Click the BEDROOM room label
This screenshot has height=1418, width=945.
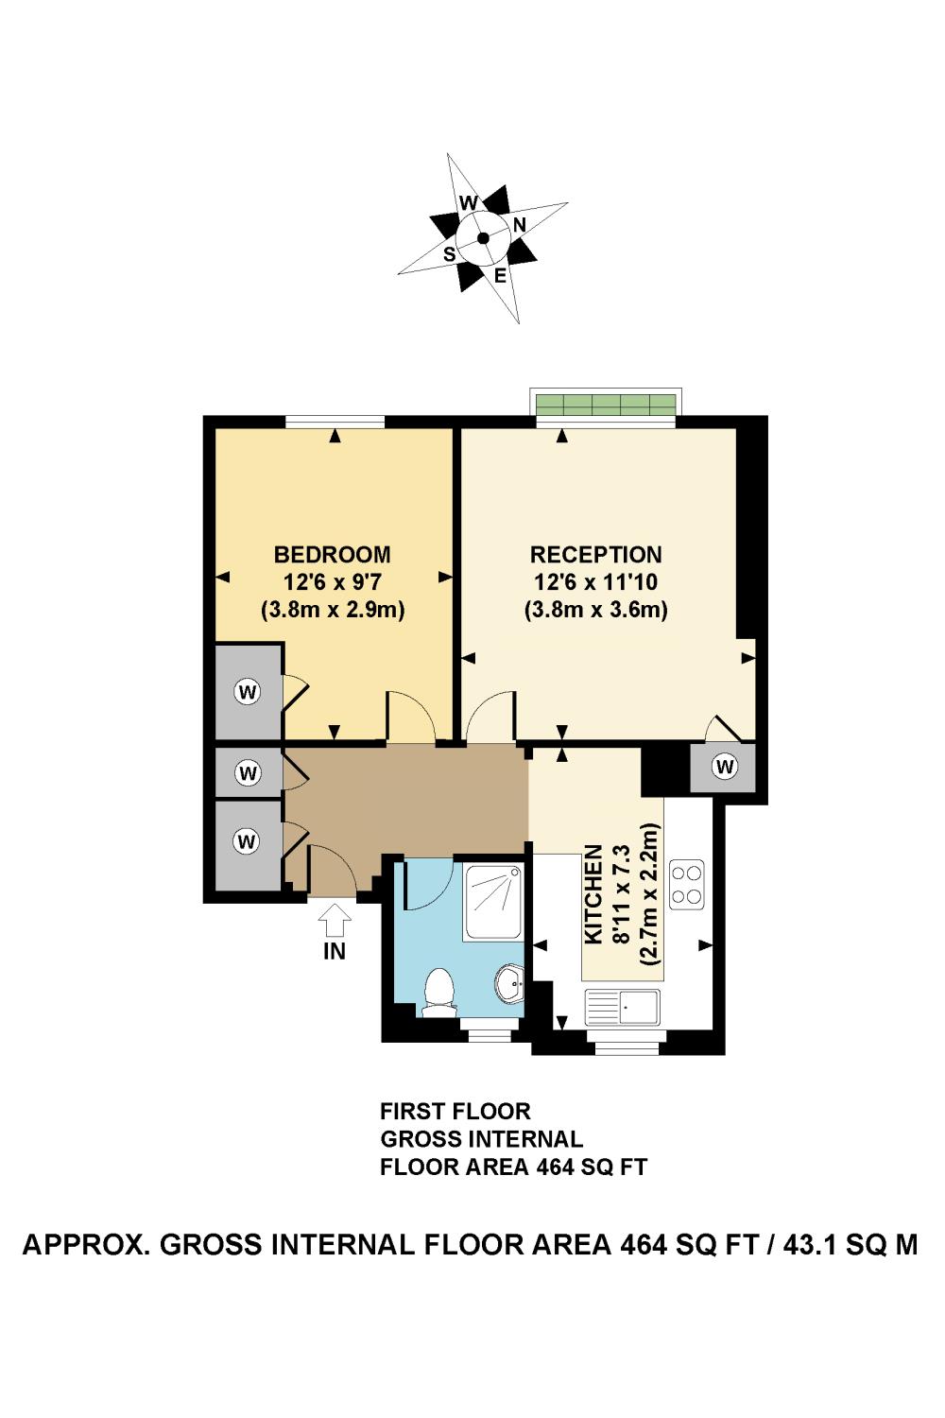(332, 554)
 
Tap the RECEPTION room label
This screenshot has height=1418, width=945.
(595, 554)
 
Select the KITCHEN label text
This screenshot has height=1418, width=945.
(593, 894)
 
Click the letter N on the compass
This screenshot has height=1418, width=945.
(520, 224)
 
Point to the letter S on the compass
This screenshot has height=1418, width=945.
(450, 254)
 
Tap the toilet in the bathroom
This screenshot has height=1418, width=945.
(438, 994)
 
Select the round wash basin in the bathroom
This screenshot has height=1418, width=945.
(508, 984)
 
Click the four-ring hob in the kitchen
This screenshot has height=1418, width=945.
(686, 884)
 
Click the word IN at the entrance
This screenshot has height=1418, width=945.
(334, 951)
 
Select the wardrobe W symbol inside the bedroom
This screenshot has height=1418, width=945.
(248, 692)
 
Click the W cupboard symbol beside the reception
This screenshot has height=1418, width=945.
(724, 767)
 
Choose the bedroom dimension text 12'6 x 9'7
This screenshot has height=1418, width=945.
(332, 582)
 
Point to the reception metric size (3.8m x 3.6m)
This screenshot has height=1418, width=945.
(595, 610)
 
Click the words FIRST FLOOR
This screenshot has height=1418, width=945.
(455, 1111)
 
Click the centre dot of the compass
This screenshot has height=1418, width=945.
(483, 238)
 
